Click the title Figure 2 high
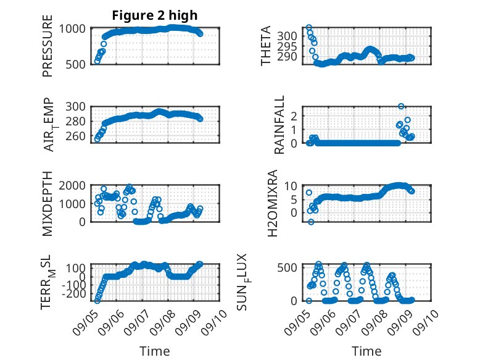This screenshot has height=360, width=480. pyautogui.click(x=155, y=15)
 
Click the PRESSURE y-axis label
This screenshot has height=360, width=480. pyautogui.click(x=48, y=46)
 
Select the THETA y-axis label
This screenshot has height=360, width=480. pyautogui.click(x=266, y=46)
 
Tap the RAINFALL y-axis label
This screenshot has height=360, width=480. pyautogui.click(x=279, y=125)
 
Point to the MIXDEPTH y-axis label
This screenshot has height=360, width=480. pyautogui.click(x=48, y=204)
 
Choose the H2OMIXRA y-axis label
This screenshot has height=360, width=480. pyautogui.click(x=272, y=203)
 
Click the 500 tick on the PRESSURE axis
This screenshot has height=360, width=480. pyautogui.click(x=77, y=64)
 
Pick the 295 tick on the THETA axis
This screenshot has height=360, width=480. pyautogui.click(x=287, y=46)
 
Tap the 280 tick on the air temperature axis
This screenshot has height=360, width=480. pyautogui.click(x=76, y=121)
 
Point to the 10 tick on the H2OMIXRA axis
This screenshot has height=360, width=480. pyautogui.click(x=291, y=186)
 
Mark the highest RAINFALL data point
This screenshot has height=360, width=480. pyautogui.click(x=401, y=106)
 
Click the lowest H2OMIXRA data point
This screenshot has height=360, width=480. pyautogui.click(x=311, y=222)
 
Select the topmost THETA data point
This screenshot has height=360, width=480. pyautogui.click(x=309, y=28)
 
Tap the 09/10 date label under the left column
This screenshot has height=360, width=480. pyautogui.click(x=214, y=322)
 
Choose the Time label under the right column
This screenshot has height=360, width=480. pyautogui.click(x=366, y=351)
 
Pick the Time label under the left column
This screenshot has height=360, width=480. pyautogui.click(x=155, y=351)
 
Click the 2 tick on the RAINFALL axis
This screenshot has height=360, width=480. pyautogui.click(x=294, y=116)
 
